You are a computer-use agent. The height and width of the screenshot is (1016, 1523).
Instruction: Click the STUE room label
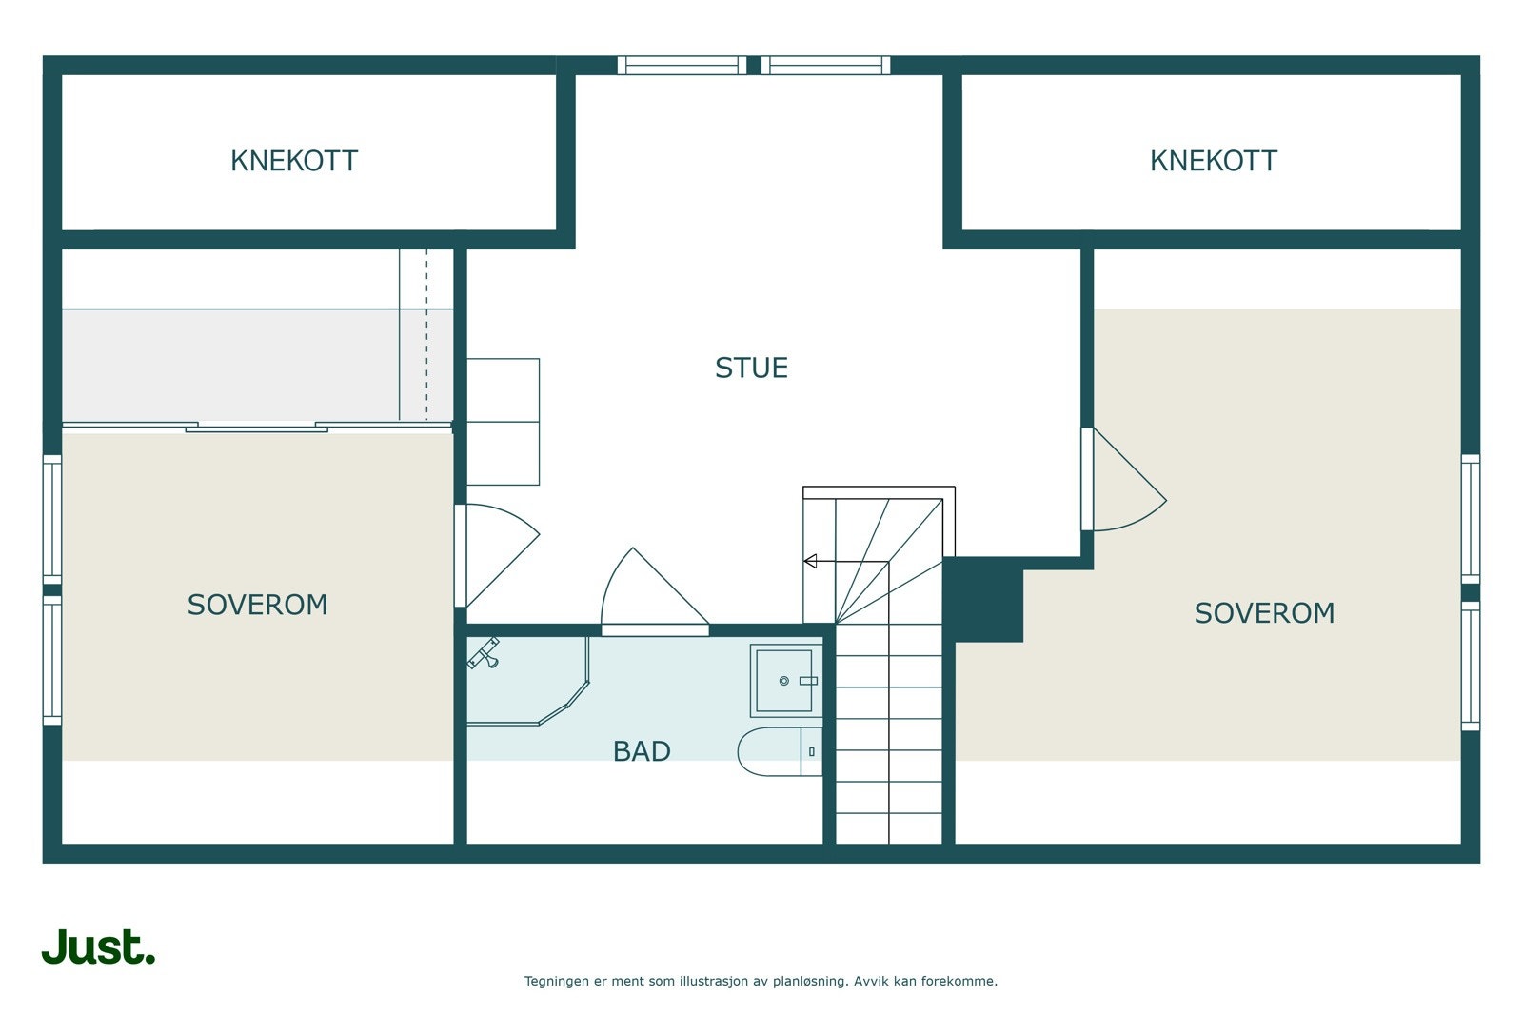(751, 368)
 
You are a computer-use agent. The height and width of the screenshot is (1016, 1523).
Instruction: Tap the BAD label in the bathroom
(642, 751)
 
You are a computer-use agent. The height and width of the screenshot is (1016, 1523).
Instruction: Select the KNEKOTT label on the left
(294, 161)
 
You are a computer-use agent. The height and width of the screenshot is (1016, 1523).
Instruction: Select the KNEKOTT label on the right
(1214, 161)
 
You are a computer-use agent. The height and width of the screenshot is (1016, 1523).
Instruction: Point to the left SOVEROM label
(258, 606)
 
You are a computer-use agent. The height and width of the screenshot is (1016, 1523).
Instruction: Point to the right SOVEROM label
(1265, 613)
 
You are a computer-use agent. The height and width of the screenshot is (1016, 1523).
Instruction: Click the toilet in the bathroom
(780, 751)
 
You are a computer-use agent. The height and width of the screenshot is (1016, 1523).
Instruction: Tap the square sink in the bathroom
(786, 681)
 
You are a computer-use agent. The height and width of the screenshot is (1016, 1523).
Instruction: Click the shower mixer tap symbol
(485, 653)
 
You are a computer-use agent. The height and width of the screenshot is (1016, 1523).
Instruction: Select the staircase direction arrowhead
(810, 561)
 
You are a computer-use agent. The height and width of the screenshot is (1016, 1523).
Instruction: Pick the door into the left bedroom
(497, 555)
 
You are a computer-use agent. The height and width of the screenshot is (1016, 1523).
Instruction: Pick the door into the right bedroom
(1123, 480)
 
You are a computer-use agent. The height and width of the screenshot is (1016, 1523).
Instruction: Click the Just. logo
(99, 946)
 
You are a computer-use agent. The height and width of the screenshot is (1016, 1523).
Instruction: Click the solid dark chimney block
(983, 599)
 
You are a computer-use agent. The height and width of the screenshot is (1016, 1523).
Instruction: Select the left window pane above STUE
(682, 66)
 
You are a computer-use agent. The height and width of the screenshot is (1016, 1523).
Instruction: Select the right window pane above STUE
(825, 66)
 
